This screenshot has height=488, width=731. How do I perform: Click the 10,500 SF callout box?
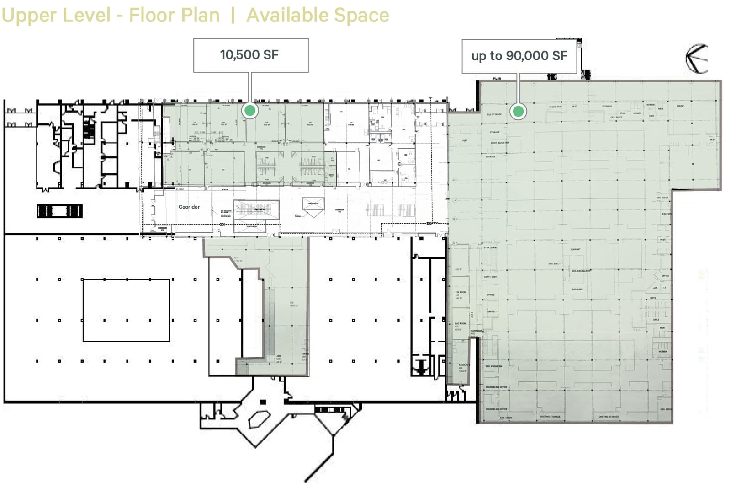pyautogui.click(x=251, y=55)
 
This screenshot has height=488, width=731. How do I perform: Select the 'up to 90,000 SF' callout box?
pyautogui.click(x=519, y=56)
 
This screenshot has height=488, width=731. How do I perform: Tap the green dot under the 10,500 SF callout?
pyautogui.click(x=250, y=110)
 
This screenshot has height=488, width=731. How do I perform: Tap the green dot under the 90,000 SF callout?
pyautogui.click(x=518, y=111)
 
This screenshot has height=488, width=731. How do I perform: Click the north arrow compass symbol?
pyautogui.click(x=697, y=59)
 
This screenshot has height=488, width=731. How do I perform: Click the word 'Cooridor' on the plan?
pyautogui.click(x=189, y=207)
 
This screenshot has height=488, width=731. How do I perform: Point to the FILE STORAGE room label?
pyautogui.click(x=494, y=114)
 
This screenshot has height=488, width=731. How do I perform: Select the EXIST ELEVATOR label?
pyautogui.click(x=499, y=143)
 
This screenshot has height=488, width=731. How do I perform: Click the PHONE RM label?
pyautogui.click(x=555, y=107)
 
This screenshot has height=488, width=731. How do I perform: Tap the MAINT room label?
pyautogui.click(x=680, y=106)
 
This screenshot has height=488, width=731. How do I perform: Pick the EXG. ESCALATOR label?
pyautogui.click(x=581, y=271)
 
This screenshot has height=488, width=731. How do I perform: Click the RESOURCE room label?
pyautogui.click(x=577, y=289)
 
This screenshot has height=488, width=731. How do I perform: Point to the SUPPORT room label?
pyautogui.click(x=575, y=249)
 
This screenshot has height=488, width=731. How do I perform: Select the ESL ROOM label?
pyautogui.click(x=461, y=292)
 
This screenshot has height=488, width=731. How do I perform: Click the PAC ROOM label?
pyautogui.click(x=460, y=323)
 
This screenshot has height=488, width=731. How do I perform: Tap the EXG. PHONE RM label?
pyautogui.click(x=493, y=366)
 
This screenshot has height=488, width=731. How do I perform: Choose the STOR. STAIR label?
pyautogui.click(x=490, y=247)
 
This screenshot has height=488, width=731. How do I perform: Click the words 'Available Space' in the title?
pyautogui.click(x=318, y=15)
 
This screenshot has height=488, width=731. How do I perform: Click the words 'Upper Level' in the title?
pyautogui.click(x=56, y=15)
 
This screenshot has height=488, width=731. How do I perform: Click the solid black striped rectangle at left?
pyautogui.click(x=60, y=211)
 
